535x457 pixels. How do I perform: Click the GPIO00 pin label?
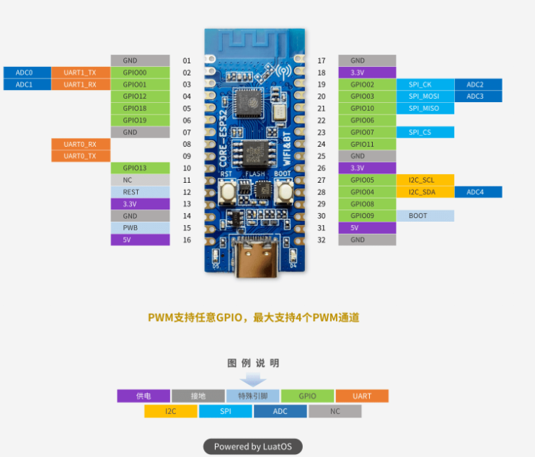[140, 73]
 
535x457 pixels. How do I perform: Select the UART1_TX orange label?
[80, 73]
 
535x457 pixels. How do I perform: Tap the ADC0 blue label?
[25, 73]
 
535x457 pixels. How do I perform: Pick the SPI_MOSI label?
[425, 96]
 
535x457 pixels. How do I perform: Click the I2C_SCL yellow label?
[425, 180]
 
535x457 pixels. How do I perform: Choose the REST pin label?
[140, 192]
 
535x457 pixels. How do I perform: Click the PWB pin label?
[140, 227]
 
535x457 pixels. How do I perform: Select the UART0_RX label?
[80, 144]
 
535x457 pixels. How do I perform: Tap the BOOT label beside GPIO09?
[425, 215]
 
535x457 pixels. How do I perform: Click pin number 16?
[187, 240]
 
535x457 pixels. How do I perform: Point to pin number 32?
[322, 240]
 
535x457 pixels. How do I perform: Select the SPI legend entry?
[225, 412]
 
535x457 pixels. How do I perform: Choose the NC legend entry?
[335, 412]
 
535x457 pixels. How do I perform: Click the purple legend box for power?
[143, 396]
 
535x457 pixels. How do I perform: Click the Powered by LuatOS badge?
[253, 446]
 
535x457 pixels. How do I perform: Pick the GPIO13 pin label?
[140, 168]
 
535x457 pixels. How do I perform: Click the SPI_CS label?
[425, 132]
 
